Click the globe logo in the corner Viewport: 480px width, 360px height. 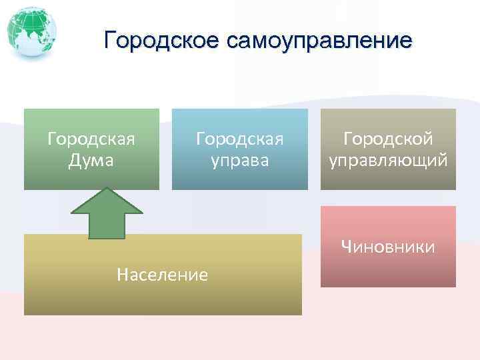point(31,31)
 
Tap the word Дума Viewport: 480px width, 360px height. point(91,161)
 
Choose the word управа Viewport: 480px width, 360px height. point(239,161)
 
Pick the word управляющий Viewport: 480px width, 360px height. point(388,161)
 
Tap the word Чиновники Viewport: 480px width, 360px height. point(388,247)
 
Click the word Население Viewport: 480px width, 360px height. point(162,274)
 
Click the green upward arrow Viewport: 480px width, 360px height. point(107,213)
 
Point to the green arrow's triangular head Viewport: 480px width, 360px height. point(107,201)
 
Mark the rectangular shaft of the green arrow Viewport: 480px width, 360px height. point(107,226)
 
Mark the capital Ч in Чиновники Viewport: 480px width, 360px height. point(346,247)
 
